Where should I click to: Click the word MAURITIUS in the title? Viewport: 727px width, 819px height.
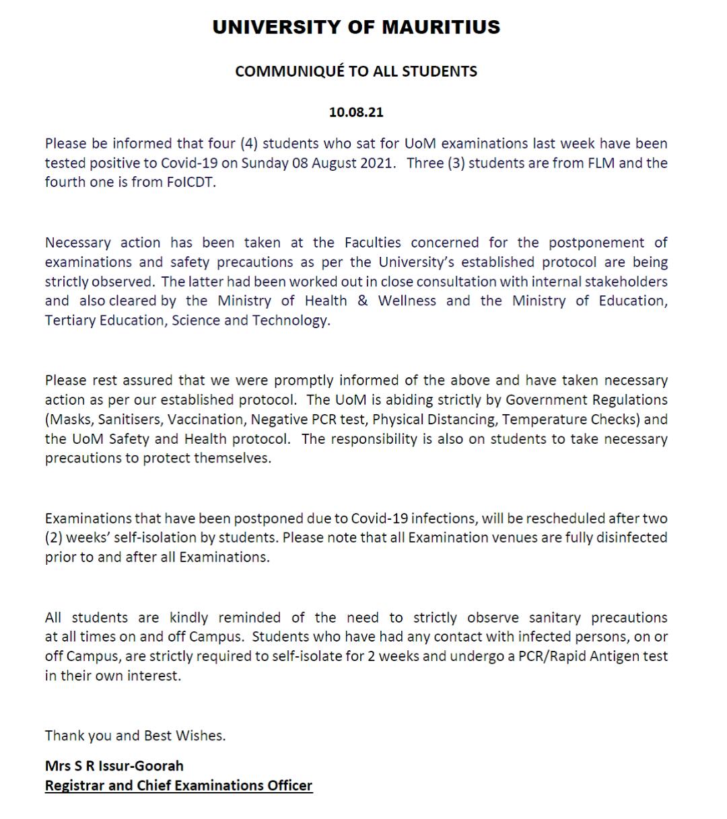point(441,27)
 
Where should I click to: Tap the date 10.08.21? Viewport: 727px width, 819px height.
point(356,112)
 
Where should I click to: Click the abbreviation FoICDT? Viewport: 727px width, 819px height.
point(191,182)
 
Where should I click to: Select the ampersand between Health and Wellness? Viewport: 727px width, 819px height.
point(363,301)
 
